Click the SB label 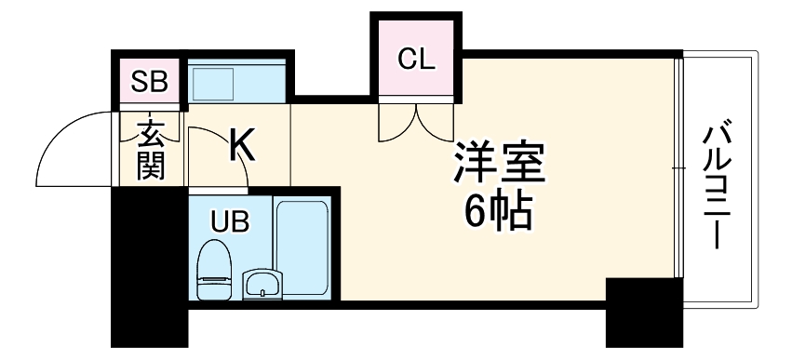[148, 82]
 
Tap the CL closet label [416, 59]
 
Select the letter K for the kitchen [241, 143]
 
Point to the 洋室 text [498, 165]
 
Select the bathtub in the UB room [302, 247]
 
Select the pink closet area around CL [416, 79]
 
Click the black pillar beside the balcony [643, 311]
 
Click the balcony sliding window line [677, 167]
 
